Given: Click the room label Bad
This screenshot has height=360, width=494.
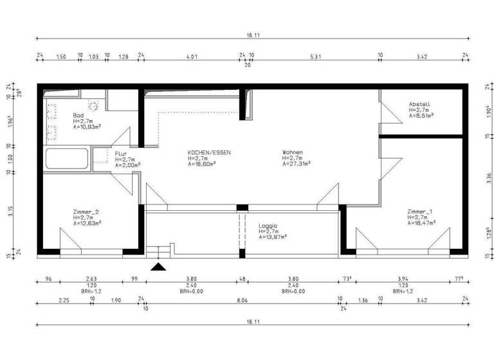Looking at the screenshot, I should pos(78,115).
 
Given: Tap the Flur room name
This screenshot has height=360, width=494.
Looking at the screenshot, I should pos(121,154).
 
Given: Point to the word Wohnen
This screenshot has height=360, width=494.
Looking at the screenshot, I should pos(292,152).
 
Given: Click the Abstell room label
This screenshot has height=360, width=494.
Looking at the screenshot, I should pos(419,104).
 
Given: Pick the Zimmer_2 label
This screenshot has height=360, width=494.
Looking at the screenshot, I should pos(86,212).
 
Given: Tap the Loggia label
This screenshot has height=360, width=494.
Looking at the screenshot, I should pos(268,226).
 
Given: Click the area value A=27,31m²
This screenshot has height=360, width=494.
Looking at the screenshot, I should pos(296,164).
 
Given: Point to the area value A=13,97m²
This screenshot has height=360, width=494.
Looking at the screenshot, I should pos(273,237).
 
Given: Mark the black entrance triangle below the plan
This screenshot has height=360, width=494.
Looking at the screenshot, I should pos(158,265).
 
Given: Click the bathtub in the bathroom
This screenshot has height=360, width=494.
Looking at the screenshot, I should pos(67,157).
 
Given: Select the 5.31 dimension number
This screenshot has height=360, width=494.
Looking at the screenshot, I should pos(315,57).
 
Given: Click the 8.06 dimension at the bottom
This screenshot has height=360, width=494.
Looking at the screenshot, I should pos(242,300).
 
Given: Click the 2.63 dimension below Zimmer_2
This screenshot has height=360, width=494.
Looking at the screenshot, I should pos(92,280).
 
